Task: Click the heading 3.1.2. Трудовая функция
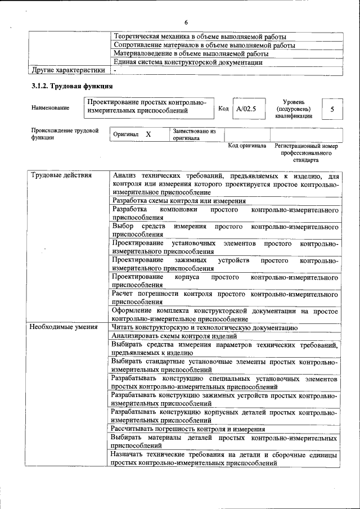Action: click(x=72, y=86)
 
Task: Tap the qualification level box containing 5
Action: click(x=332, y=109)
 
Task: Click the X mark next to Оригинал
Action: click(x=148, y=135)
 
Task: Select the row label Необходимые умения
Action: click(x=64, y=327)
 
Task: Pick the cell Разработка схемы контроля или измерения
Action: click(x=179, y=201)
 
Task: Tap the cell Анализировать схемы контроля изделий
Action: click(x=170, y=336)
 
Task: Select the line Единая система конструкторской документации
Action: click(x=188, y=62)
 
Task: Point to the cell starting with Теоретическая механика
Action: click(x=196, y=37)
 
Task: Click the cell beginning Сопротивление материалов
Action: click(x=204, y=45)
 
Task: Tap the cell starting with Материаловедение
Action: click(x=191, y=53)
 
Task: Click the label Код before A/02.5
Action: click(x=223, y=109)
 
